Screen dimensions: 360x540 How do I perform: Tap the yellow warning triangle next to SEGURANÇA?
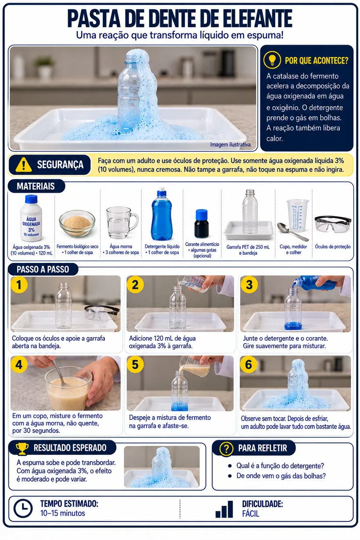click(x=23, y=165)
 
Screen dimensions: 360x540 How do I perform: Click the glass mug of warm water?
click(x=122, y=223)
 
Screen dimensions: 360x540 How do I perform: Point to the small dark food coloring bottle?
click(x=202, y=223)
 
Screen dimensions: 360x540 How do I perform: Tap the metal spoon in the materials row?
click(x=292, y=231)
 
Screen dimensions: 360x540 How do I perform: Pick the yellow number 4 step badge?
click(x=19, y=364)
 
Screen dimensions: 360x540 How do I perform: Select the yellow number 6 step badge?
click(x=248, y=364)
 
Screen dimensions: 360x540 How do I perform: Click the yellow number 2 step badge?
click(x=135, y=284)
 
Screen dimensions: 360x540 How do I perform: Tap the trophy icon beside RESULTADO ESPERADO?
click(x=22, y=449)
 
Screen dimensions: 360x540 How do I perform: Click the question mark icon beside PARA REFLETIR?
click(x=226, y=449)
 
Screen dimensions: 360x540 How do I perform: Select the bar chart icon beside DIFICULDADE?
click(x=224, y=509)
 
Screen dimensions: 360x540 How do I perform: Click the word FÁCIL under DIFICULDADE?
click(x=251, y=514)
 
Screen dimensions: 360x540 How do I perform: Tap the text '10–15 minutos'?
click(x=63, y=513)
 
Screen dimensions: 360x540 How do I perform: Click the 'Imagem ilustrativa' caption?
click(x=230, y=144)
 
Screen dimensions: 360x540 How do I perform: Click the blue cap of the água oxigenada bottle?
click(x=31, y=199)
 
